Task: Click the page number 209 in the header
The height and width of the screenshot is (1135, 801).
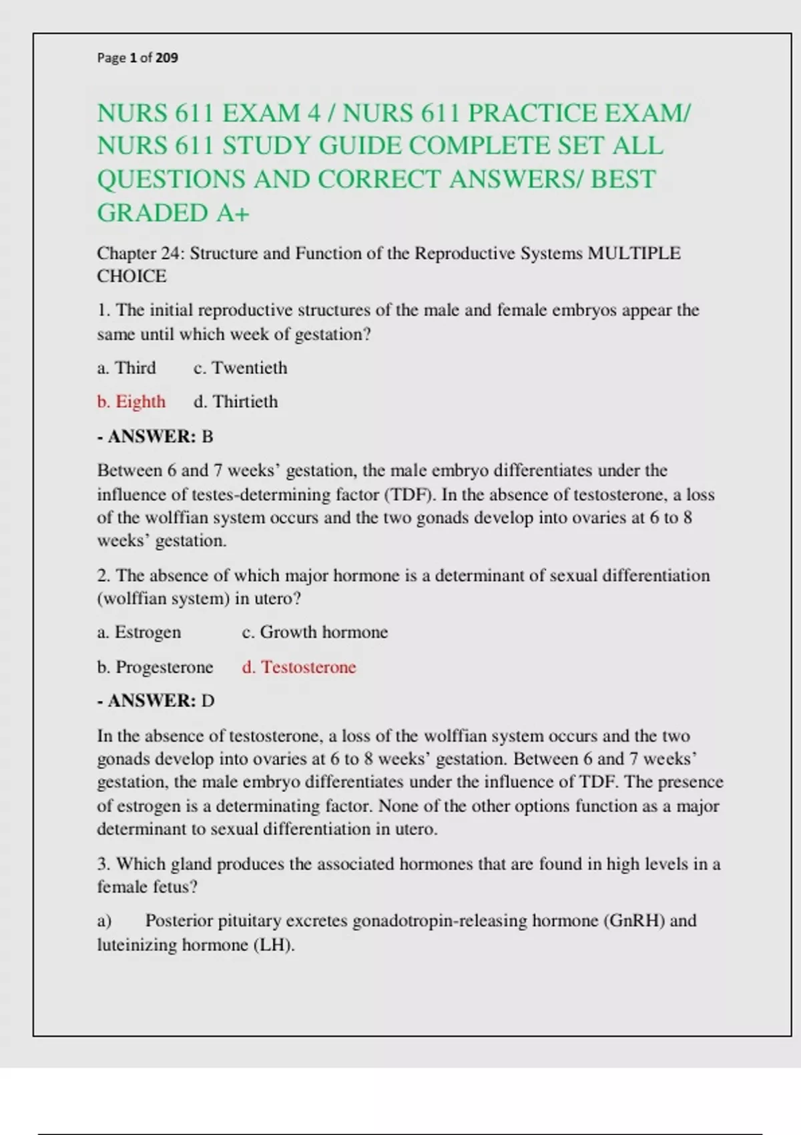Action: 167,58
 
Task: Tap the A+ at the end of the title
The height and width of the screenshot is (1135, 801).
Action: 232,214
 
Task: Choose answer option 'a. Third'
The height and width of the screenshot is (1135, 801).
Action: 127,368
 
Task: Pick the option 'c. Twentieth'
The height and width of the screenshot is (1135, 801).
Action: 240,368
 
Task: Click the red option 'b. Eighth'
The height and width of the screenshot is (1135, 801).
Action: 131,402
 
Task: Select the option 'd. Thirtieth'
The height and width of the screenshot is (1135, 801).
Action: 236,402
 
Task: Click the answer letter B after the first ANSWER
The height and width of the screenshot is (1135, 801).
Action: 208,437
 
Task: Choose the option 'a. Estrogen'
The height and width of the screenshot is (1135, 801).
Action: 139,632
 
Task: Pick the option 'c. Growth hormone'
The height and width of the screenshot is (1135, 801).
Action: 314,632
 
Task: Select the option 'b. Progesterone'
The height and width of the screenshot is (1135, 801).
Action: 155,667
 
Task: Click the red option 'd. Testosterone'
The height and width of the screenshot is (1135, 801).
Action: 299,667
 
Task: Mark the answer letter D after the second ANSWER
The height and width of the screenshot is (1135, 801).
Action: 208,701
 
